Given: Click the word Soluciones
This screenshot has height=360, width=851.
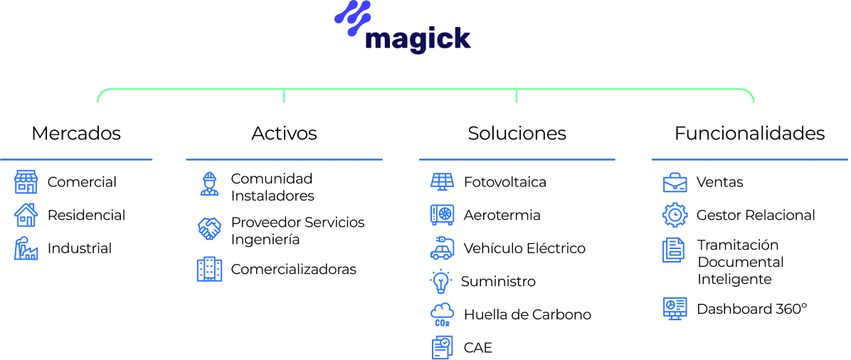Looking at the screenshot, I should click(517, 133).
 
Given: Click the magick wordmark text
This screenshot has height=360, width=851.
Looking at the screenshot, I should click(418, 40).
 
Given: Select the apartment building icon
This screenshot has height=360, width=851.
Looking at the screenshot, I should click(26, 184).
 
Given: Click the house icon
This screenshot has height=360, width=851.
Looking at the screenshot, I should click(26, 215).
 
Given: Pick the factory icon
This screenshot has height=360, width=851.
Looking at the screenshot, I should click(26, 248).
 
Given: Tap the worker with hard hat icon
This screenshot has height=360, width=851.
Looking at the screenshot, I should click(210, 184).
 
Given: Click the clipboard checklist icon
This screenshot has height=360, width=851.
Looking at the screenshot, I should click(210, 270).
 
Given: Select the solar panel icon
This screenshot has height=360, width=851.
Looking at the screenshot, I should click(441, 182).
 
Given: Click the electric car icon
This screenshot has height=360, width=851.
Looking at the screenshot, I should click(441, 249).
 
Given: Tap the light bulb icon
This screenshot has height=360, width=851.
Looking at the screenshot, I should click(441, 281).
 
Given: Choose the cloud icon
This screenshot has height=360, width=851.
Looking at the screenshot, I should click(441, 313).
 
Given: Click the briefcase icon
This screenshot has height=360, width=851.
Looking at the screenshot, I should click(674, 184).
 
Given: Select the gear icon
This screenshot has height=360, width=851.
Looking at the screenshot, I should click(674, 215).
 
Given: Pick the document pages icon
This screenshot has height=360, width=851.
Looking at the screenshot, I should click(674, 250).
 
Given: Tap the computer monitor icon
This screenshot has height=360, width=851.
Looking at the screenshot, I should click(674, 309).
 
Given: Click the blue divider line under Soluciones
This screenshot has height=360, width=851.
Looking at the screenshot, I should click(517, 160).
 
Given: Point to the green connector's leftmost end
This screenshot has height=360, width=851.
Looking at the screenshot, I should click(96, 103).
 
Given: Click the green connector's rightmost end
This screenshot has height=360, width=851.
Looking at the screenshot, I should click(754, 103).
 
